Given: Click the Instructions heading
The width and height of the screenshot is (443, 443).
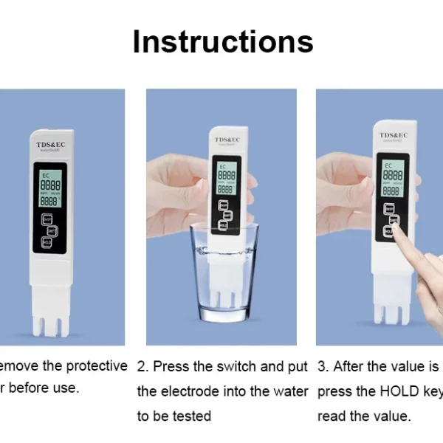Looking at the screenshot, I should coord(222,41).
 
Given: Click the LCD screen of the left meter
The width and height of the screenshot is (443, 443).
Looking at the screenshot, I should coord(50,190).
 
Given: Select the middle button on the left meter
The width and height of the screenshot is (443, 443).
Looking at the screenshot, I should coord(47,230).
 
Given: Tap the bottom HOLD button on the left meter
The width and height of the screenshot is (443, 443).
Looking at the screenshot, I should coord(47,242).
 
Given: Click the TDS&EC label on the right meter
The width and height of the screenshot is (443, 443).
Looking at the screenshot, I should coord(394,135).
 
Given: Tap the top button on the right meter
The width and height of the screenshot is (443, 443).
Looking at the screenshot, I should coord(389,209).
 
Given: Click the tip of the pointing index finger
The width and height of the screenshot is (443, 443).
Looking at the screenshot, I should coord(398,230).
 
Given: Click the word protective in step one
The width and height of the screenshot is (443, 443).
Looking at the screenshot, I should coord(97,366).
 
